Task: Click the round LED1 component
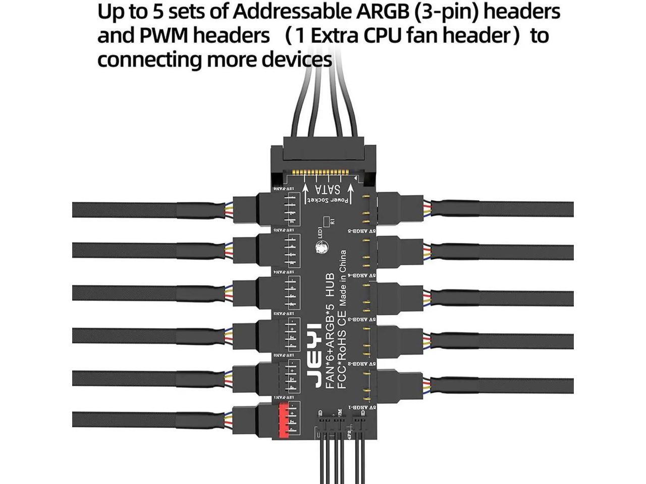pyautogui.click(x=321, y=248)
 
